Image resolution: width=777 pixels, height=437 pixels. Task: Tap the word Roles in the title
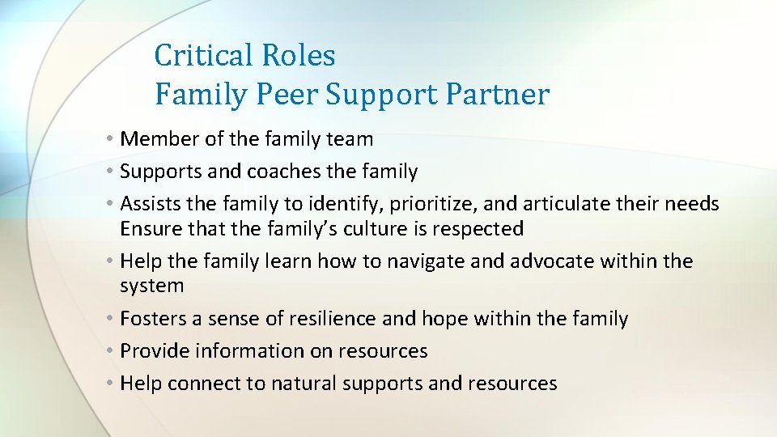tap(298, 55)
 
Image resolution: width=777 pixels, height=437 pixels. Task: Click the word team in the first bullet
tap(351, 139)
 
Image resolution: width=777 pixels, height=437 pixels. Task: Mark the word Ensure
tap(147, 229)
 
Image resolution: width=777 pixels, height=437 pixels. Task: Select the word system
tap(152, 286)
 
